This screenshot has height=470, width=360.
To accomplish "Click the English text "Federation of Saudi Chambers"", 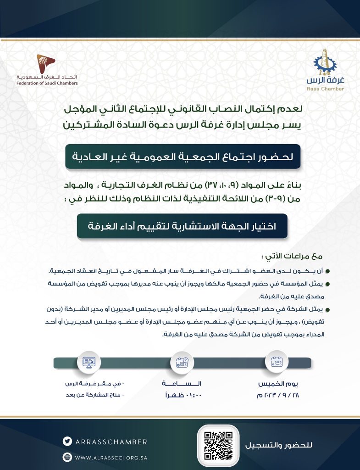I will (47, 84).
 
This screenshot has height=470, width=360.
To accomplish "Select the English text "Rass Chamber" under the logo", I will (325, 89).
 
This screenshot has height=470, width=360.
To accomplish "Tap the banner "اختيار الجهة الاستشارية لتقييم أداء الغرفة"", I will (182, 226).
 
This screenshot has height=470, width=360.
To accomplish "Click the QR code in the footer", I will (218, 446).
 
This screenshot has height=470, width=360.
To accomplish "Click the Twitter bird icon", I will (67, 442).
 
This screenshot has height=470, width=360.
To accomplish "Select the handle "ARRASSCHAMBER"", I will (111, 442).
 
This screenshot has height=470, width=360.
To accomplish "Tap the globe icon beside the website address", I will (67, 457).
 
